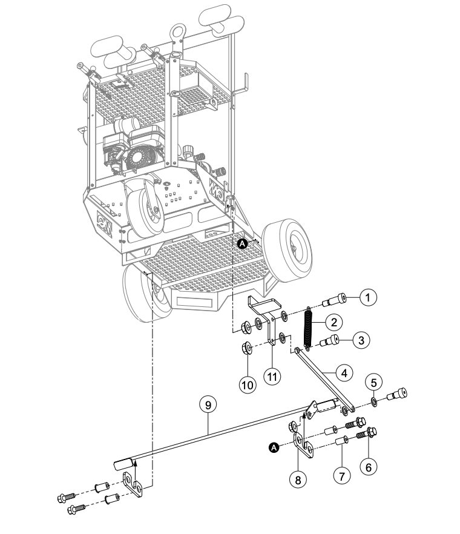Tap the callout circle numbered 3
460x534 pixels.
pos(361,340)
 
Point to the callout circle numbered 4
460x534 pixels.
pos(344,373)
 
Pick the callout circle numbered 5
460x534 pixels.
pos(373,383)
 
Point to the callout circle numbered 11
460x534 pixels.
pos(272,377)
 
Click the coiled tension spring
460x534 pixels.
pos(307,328)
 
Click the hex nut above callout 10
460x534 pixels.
pos(247,348)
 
